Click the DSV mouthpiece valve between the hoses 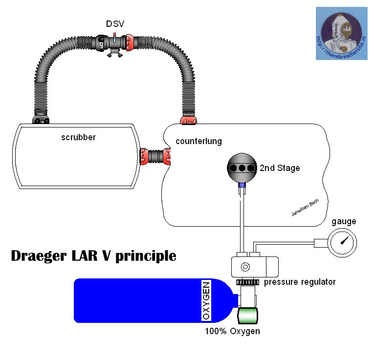tap(113, 43)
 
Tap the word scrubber tap(78, 137)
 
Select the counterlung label tap(199, 141)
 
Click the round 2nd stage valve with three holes tap(241, 168)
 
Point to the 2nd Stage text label tap(280, 168)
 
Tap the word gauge tap(344, 221)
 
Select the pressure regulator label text tap(300, 282)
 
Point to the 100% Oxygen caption tap(232, 332)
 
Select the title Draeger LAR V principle tap(93, 256)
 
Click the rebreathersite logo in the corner tap(341, 34)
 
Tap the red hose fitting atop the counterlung tap(189, 119)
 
